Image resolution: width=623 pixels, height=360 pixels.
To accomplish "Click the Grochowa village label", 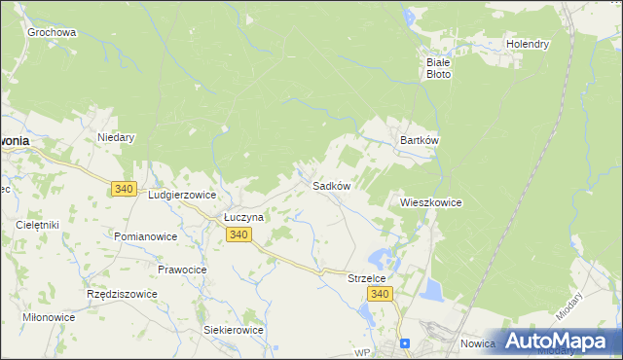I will pos(52,32).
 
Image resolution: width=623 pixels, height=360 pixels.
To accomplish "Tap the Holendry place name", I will pos(528,44).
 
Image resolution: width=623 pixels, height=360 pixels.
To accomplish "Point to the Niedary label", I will pos(116,137).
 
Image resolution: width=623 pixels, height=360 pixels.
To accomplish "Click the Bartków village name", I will pos(421,140).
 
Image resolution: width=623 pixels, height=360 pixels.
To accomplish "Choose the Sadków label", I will pos(331,185).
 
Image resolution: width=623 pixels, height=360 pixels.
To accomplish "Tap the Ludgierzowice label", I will pos(181,195).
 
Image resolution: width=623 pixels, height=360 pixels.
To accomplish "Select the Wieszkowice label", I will pos(430,202).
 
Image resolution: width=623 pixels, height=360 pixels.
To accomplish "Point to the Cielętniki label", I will pos(38,225).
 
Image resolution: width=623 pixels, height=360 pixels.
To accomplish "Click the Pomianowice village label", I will pos(145,236).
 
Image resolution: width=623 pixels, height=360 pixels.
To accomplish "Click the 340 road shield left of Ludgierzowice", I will pos(124,189).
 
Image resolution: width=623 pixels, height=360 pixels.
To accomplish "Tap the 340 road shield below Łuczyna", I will pos(239,235).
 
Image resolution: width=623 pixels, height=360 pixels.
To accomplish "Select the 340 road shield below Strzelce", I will pos(381,295).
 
